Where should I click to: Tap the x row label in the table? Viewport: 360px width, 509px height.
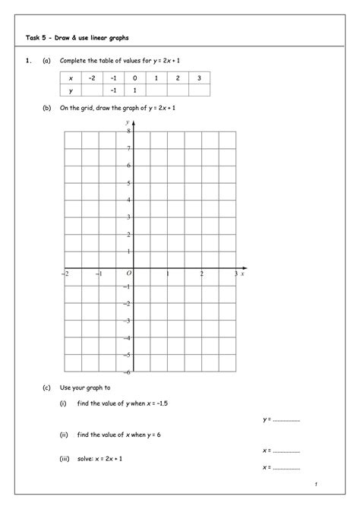(71, 77)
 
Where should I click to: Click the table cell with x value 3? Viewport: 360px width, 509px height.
(198, 77)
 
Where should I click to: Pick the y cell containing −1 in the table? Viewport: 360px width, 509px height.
(112, 90)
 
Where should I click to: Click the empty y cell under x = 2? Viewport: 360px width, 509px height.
(177, 90)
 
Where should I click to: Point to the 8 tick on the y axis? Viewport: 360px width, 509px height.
(128, 131)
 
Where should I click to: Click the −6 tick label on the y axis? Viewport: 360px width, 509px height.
(128, 371)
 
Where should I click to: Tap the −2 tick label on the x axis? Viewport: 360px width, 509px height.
(65, 273)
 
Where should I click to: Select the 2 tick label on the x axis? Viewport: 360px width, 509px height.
(201, 273)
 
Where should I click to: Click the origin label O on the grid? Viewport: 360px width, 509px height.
(129, 273)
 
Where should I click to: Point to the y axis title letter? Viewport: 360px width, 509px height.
(127, 122)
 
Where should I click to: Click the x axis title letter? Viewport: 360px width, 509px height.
(242, 273)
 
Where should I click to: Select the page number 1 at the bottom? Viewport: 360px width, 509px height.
(314, 484)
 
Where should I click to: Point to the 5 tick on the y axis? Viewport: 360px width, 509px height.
(128, 182)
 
